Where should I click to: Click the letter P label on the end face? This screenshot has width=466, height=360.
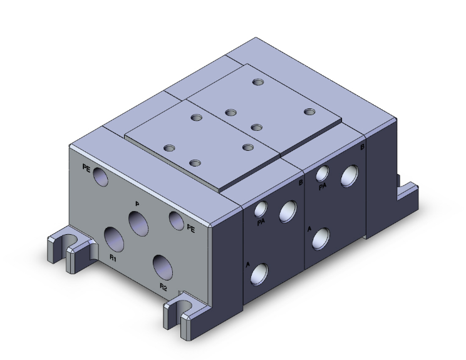point(137,203)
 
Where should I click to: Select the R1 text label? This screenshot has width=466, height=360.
point(113,257)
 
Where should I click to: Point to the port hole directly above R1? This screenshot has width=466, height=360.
point(115,239)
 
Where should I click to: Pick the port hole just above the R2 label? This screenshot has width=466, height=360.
point(163,267)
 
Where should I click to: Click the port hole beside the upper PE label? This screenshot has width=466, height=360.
point(100,178)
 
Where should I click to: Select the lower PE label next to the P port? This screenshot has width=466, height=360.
point(191,229)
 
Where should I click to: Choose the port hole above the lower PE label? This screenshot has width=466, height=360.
point(176,219)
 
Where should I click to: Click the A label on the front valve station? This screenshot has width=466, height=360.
point(248,265)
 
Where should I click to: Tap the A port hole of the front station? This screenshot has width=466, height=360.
point(260,272)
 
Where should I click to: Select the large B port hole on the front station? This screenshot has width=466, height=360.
point(289,211)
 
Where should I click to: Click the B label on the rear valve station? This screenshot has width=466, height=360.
point(363,147)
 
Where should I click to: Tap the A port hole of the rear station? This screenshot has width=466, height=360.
point(322,237)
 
